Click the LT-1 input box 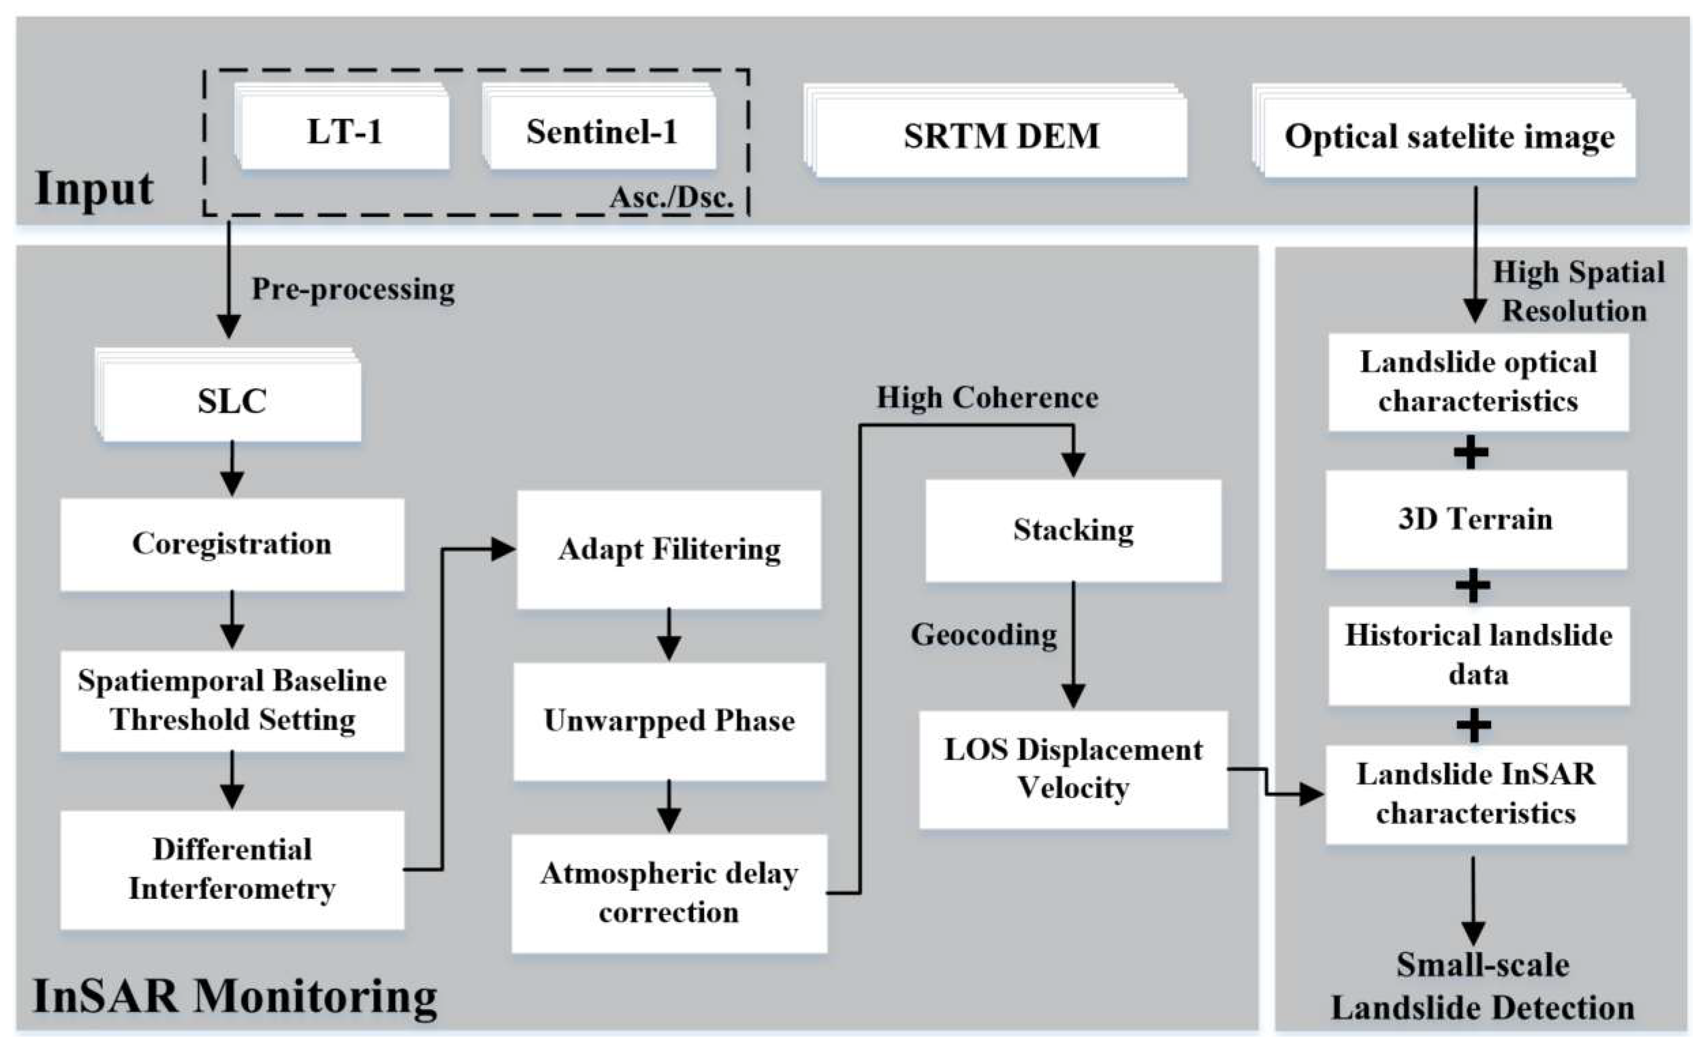pos(344,131)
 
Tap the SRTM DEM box pos(1001,135)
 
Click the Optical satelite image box pos(1448,135)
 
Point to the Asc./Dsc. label pos(671,198)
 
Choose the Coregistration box pos(232,544)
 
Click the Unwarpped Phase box pos(669,721)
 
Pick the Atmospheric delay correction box pos(669,893)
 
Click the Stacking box pos(1073,530)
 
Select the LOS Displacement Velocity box pos(1073,769)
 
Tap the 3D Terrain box pos(1475,519)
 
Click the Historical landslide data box pos(1478,655)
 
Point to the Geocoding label pos(983,635)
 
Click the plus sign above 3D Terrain pos(1471,453)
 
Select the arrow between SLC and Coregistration pos(232,469)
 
